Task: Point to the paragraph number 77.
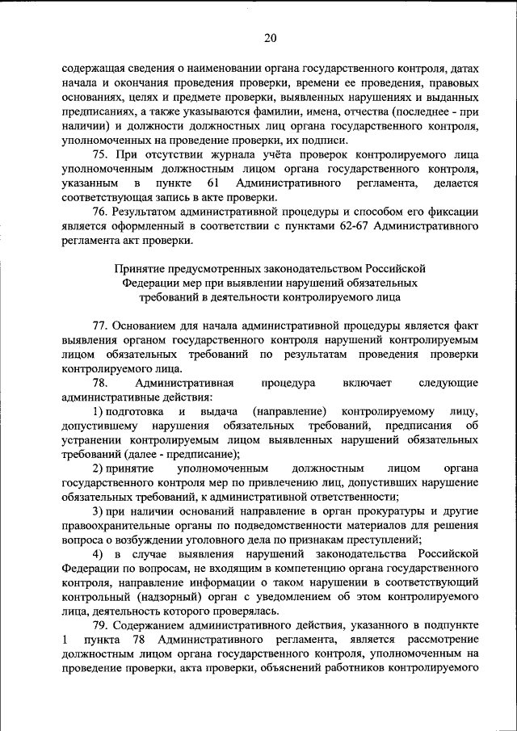[x=99, y=325]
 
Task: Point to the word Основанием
[x=145, y=325]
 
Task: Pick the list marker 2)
[x=97, y=468]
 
